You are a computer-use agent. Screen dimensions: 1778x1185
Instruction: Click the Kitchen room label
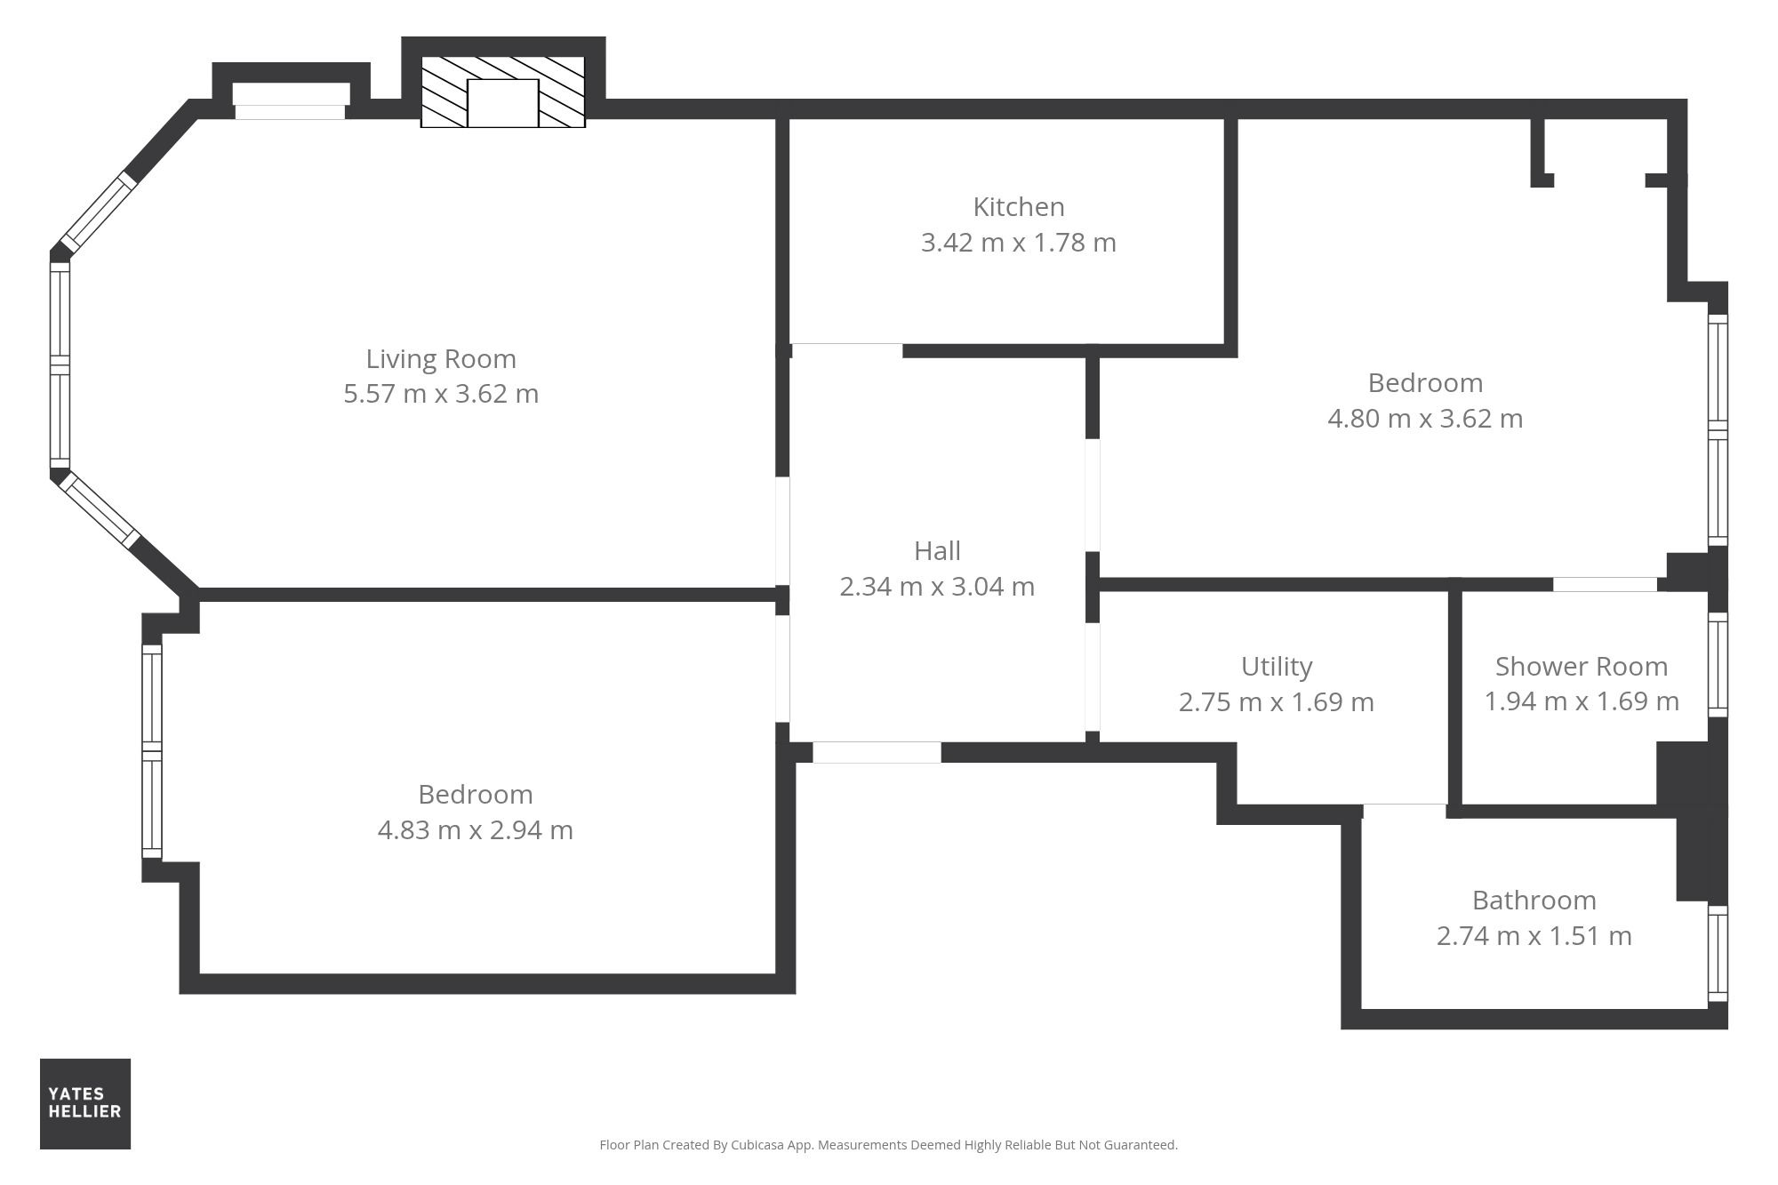(1018, 207)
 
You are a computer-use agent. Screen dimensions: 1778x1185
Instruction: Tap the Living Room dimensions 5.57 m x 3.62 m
(441, 394)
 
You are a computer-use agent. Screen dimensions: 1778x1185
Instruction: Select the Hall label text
(937, 551)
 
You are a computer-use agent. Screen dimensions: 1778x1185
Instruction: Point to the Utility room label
(1277, 667)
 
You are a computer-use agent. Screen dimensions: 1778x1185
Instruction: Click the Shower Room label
(1582, 667)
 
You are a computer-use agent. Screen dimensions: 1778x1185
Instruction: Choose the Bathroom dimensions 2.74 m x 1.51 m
(1534, 936)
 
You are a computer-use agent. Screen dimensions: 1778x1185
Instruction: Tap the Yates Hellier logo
(85, 1103)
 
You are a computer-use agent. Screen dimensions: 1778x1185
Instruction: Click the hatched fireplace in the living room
(503, 92)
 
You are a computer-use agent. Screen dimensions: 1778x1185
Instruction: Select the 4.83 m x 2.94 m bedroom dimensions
(476, 830)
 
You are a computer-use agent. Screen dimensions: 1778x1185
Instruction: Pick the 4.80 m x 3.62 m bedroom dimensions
(1425, 419)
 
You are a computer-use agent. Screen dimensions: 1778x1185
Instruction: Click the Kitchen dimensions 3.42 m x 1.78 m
(1019, 243)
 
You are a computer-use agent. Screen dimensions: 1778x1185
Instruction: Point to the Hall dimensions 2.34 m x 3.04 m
(937, 587)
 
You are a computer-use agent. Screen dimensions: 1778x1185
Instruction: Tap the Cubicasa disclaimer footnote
(888, 1145)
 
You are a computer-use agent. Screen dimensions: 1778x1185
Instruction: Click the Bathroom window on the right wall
(1718, 954)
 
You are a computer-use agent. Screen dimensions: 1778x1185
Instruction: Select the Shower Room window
(1718, 664)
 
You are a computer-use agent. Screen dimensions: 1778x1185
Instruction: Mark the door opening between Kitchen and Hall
(846, 349)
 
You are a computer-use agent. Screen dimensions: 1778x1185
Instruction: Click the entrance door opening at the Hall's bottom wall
(877, 752)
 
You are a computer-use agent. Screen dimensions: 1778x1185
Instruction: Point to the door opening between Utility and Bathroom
(1405, 811)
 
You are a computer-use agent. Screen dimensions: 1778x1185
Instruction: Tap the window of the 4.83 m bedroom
(152, 752)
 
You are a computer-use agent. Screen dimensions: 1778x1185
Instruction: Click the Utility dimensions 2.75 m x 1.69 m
(1277, 702)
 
